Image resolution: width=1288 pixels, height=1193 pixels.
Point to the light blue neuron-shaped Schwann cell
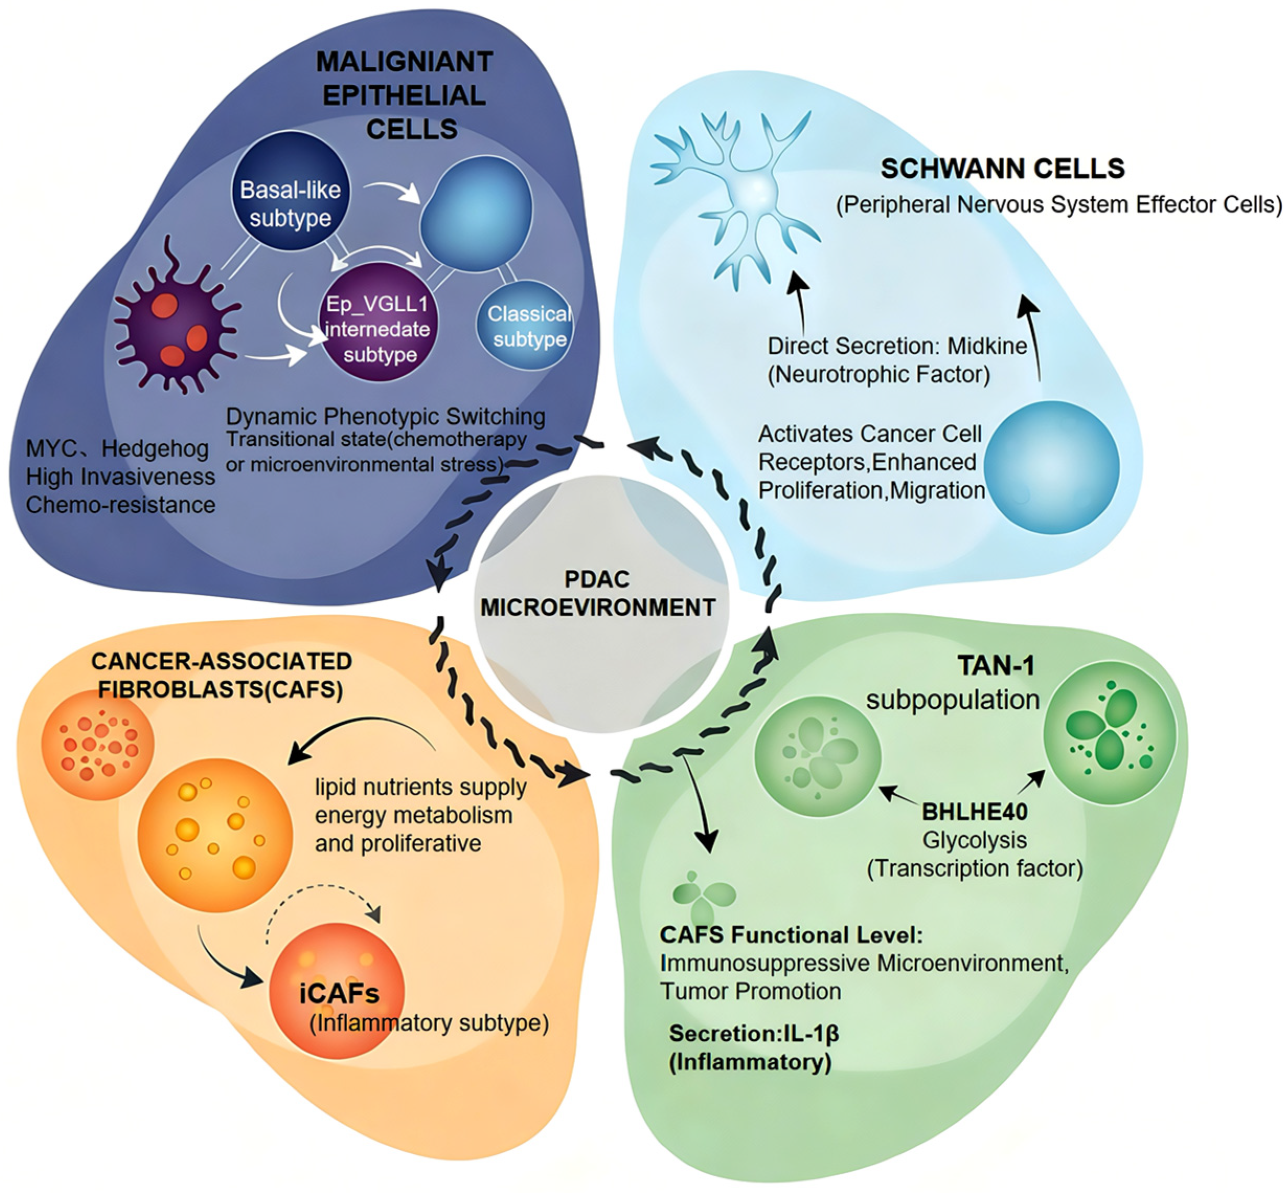pos(748,194)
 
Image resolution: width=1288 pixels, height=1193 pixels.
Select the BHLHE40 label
pos(974,812)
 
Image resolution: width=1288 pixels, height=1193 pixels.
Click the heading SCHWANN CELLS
pos(1002,168)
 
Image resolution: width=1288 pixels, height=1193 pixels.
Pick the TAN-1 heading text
pos(996,665)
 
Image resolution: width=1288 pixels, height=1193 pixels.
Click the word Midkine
pos(987,346)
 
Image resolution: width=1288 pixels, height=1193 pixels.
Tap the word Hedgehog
pos(155,448)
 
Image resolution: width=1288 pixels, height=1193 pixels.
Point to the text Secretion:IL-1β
pos(753,1033)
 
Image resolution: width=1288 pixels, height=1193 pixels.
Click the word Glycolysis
pos(974,840)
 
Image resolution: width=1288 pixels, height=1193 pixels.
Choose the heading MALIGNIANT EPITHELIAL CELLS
pos(405,95)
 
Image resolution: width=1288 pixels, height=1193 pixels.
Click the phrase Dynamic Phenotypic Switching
pos(385,417)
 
